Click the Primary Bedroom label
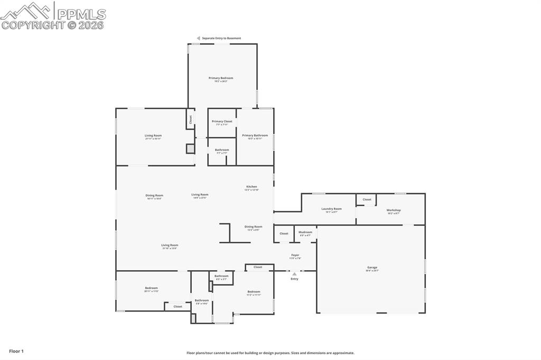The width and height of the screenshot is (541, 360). pos(221,78)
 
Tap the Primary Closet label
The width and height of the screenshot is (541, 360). pos(222,121)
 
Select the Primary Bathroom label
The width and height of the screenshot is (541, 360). pos(255,135)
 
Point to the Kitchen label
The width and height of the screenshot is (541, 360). pos(251,186)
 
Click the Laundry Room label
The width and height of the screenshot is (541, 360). pos(331,209)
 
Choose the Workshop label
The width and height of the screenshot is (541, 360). pos(394,210)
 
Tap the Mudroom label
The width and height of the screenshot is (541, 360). pos(305,232)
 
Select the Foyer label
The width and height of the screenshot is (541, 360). pos(295,255)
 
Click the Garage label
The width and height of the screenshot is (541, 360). pos(372,267)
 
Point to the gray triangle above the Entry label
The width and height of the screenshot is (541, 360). pos(294,273)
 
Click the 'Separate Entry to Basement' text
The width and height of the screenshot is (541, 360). pos(221,38)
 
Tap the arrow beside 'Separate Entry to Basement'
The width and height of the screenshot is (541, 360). pos(199,38)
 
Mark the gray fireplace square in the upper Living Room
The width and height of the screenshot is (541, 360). pos(190,149)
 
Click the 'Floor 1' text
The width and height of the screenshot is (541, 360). pos(16,351)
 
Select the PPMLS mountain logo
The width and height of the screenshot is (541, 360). pos(26,10)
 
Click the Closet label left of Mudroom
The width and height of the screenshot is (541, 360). pos(284,233)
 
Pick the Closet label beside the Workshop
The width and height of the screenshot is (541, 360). pos(367,200)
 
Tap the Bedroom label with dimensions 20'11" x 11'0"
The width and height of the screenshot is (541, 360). pos(151,288)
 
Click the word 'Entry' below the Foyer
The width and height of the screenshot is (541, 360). pos(294,279)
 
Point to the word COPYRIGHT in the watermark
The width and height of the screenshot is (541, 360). pos(33,25)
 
